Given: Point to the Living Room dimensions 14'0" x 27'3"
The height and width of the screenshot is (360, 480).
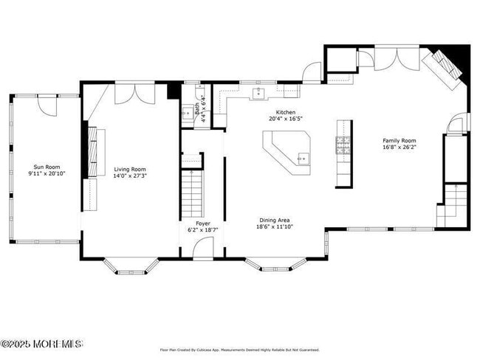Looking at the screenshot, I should (130, 176).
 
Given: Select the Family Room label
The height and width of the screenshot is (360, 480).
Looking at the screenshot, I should (399, 140).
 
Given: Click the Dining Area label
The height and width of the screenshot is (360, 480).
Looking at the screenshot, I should (273, 220).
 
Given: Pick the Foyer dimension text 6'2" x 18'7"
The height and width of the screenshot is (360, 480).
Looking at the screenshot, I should (202, 230).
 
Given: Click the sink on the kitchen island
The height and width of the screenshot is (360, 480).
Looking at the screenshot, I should (302, 157).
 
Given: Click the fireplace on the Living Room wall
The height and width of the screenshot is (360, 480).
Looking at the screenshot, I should (92, 152).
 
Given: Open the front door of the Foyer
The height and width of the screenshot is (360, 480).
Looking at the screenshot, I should (202, 248).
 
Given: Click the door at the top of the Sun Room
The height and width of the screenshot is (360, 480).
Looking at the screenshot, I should (49, 104).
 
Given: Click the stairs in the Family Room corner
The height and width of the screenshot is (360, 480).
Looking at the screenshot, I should (453, 206).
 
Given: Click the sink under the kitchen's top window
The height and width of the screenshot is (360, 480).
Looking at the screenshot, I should (259, 93).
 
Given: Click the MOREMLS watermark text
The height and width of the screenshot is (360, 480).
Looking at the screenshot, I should (41, 344).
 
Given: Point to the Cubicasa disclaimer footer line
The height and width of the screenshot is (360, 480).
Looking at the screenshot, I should (239, 350).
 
